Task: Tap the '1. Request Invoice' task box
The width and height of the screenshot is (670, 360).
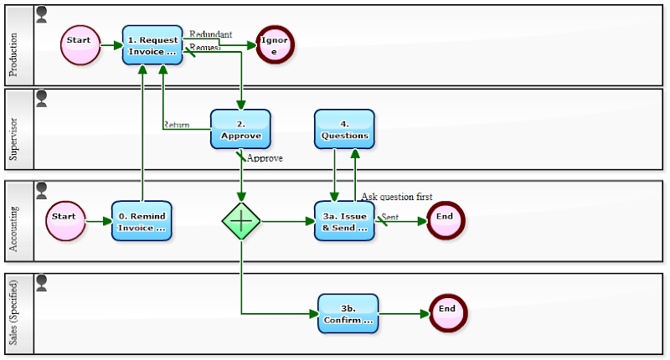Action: pyautogui.click(x=152, y=45)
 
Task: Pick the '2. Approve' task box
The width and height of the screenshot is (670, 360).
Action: pyautogui.click(x=240, y=129)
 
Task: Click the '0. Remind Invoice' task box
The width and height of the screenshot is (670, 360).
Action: pyautogui.click(x=142, y=221)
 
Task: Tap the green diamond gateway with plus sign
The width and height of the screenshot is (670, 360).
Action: pyautogui.click(x=241, y=221)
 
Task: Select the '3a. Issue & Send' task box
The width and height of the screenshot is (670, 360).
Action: pyautogui.click(x=344, y=221)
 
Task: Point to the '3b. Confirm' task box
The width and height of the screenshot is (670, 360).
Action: pyautogui.click(x=348, y=314)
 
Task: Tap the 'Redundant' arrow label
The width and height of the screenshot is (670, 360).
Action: pyautogui.click(x=210, y=34)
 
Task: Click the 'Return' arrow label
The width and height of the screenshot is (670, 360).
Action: pyautogui.click(x=176, y=125)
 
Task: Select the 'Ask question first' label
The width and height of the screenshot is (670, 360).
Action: pyautogui.click(x=397, y=197)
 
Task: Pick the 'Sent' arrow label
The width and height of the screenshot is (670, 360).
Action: pyautogui.click(x=390, y=217)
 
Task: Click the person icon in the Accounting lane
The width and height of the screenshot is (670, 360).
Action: pyautogui.click(x=42, y=190)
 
